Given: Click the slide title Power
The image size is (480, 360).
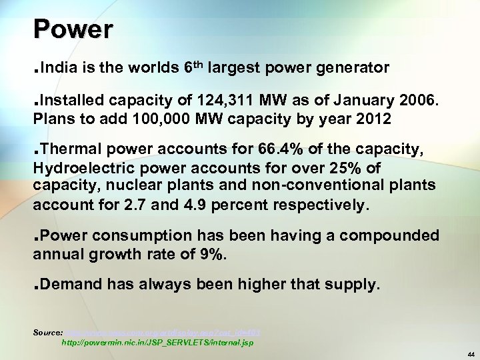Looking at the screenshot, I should coord(74,29).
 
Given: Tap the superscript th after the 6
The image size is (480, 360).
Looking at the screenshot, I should coord(197,64).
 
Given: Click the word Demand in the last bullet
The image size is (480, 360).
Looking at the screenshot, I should coord(75,285).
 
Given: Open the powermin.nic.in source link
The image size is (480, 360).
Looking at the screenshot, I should coord(157,341).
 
